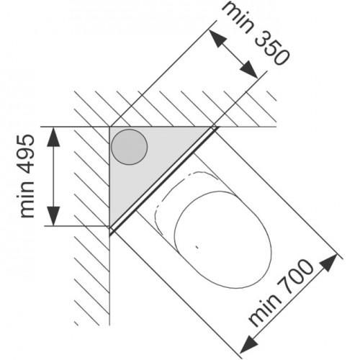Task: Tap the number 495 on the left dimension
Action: (27, 153)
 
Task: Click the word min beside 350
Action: (236, 17)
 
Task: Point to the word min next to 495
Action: (27, 199)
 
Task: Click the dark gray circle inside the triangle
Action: (130, 147)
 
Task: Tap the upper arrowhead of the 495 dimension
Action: (53, 137)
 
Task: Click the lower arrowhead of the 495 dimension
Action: (53, 216)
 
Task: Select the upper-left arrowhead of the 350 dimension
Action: (217, 38)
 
